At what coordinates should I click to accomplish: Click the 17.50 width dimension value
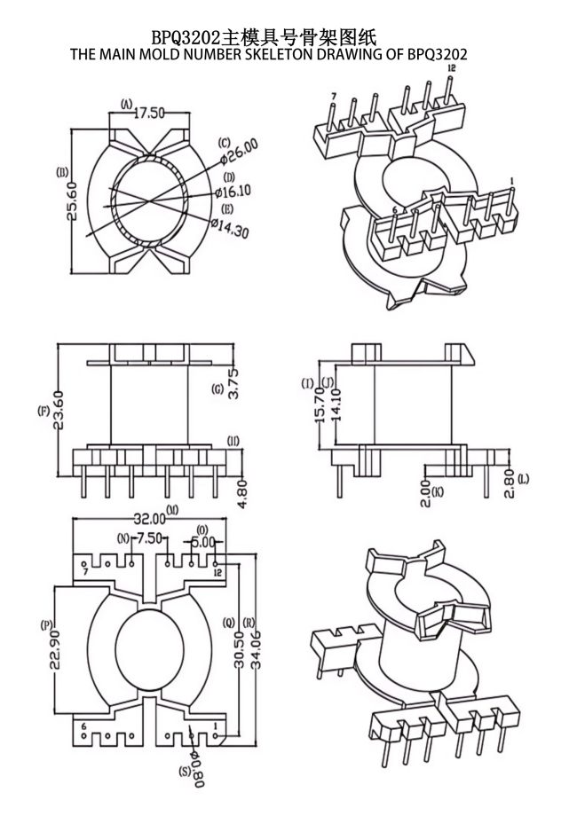(149, 113)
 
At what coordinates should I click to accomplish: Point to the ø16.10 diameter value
(233, 192)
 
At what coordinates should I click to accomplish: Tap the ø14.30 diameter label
(230, 227)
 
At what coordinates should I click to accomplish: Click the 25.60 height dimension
(73, 201)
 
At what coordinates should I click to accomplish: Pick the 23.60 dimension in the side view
(59, 410)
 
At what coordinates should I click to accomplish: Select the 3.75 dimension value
(233, 383)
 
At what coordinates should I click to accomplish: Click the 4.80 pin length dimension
(242, 494)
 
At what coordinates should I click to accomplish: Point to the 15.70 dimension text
(320, 405)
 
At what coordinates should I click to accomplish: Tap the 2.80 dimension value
(510, 483)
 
